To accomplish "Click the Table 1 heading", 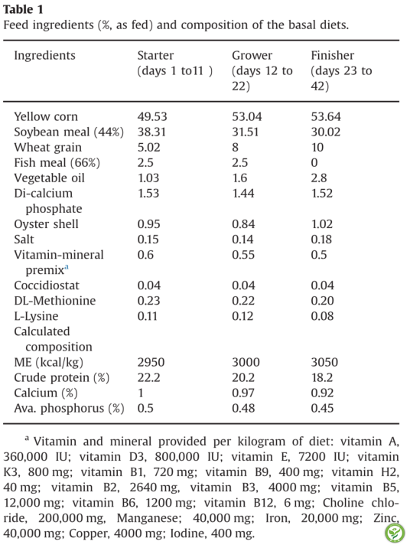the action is [x=23, y=9].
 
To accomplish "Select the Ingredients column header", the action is [x=44, y=56].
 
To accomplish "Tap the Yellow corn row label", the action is [x=46, y=116].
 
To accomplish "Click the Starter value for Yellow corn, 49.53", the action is [x=152, y=116].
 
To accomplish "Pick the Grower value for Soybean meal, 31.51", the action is [x=246, y=132].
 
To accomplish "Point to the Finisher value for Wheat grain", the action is [x=317, y=147].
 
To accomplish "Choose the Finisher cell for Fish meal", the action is [x=314, y=162].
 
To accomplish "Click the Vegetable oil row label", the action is [x=49, y=178].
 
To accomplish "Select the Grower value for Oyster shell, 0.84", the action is [x=243, y=224].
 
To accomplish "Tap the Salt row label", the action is [x=24, y=240].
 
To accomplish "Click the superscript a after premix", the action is [x=67, y=267].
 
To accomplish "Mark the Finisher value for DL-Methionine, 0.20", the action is [x=322, y=301].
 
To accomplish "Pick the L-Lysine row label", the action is [x=36, y=316].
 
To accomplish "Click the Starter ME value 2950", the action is [x=151, y=362].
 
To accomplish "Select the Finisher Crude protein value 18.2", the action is [x=321, y=377].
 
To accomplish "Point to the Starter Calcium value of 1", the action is [x=141, y=393].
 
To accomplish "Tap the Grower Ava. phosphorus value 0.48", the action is [x=243, y=408].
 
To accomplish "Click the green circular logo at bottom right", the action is [x=395, y=533].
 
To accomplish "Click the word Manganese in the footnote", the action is [x=149, y=518].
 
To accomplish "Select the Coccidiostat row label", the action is [x=47, y=285].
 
